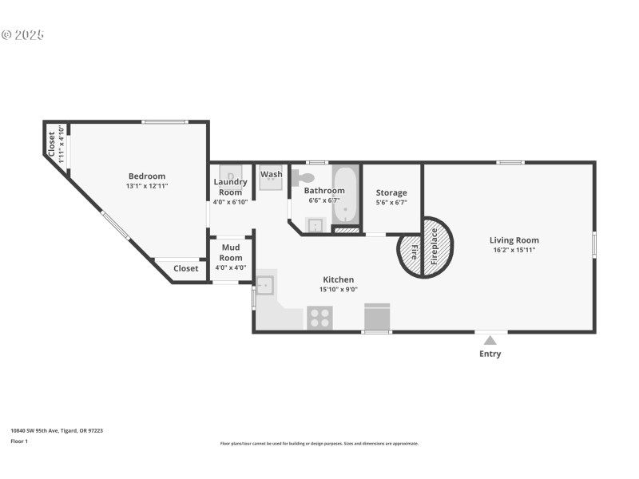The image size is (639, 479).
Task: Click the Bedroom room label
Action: (x=147, y=176)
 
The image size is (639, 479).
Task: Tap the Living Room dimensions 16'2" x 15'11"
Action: (x=514, y=250)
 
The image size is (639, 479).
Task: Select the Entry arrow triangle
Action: (x=490, y=341)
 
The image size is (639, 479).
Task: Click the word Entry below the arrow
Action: (x=490, y=354)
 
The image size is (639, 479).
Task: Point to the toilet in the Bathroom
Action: (x=302, y=177)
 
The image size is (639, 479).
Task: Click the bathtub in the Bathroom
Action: (x=346, y=194)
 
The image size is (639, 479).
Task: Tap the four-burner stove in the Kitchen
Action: (x=319, y=318)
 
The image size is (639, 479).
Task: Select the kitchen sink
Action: (x=265, y=285)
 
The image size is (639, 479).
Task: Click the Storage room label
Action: (x=391, y=192)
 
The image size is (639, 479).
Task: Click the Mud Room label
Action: (x=231, y=252)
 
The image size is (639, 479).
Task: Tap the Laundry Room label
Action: (x=231, y=187)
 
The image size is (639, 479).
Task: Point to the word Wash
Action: (x=272, y=174)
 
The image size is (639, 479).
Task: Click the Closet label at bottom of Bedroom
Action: (x=185, y=268)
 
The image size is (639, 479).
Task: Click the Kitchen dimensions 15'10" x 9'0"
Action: (x=339, y=290)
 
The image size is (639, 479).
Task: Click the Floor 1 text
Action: (x=19, y=441)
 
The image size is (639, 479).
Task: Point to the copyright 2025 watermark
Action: (x=22, y=34)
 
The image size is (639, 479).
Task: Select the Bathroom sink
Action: (x=316, y=224)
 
